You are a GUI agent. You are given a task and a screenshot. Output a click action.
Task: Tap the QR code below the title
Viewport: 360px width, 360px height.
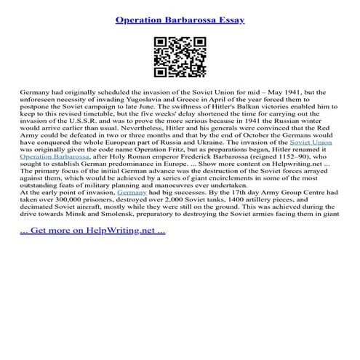coord(180,56)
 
